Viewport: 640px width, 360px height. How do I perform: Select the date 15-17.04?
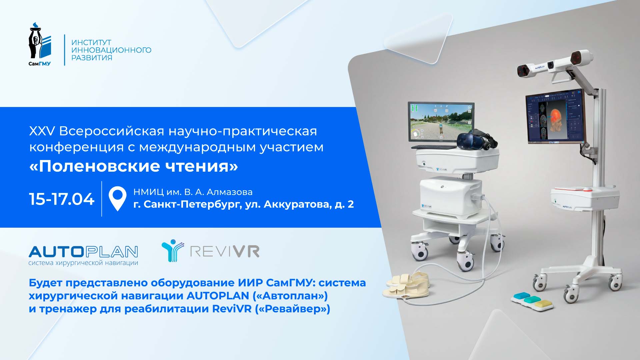[62, 199]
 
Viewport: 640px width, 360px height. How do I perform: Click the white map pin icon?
[117, 198]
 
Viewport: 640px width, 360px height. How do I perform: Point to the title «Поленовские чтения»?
[134, 166]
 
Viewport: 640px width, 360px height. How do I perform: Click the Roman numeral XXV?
[42, 131]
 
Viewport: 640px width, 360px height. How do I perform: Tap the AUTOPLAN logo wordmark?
[83, 252]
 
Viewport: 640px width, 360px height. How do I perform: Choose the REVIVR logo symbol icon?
[172, 250]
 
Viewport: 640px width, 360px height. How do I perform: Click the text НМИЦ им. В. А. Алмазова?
[193, 192]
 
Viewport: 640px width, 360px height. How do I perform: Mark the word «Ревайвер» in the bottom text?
[292, 309]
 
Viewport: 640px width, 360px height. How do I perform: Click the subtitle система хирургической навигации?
[83, 263]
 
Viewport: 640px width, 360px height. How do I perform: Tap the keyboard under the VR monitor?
[433, 147]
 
